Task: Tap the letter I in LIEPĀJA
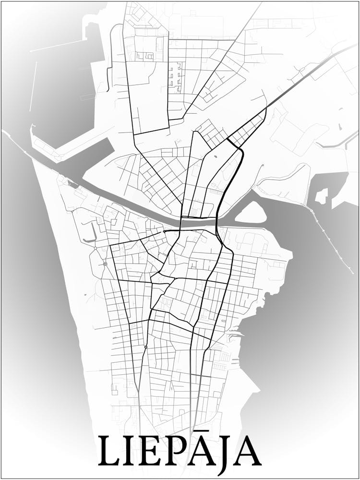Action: point(132,452)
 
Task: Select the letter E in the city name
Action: point(154,452)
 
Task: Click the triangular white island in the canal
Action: point(251,213)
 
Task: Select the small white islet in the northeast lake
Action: point(321,196)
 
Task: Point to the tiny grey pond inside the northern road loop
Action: point(214,156)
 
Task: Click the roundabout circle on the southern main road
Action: point(145,347)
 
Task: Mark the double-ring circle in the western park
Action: point(105,264)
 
